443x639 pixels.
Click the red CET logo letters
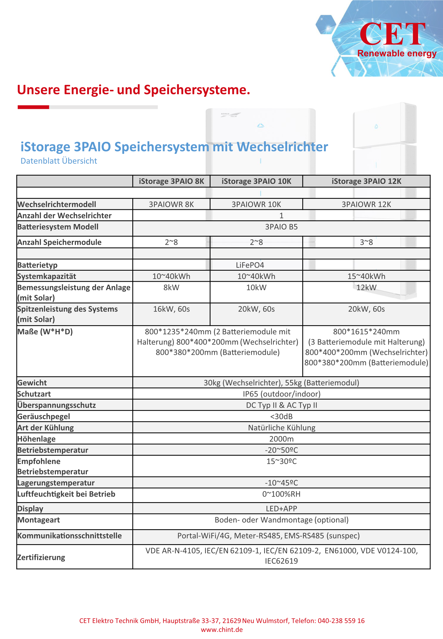click(392, 34)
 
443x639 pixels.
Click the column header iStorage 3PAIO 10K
click(256, 181)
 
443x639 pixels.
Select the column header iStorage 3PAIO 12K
click(366, 181)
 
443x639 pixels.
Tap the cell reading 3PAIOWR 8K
click(171, 204)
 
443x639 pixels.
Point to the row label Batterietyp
click(37, 265)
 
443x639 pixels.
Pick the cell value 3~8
click(366, 242)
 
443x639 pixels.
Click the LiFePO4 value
click(250, 265)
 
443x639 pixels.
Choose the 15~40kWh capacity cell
click(366, 276)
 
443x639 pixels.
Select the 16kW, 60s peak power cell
click(171, 309)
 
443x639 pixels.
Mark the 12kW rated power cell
click(366, 288)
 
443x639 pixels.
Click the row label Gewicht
click(32, 383)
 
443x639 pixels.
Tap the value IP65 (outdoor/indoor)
click(282, 394)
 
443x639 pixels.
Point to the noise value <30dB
click(282, 416)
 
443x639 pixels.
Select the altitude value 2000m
click(282, 439)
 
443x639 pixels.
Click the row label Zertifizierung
click(41, 557)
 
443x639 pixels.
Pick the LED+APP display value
click(282, 508)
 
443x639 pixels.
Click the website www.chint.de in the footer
click(222, 630)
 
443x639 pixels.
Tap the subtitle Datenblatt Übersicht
click(59, 161)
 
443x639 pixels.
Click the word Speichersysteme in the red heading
click(197, 90)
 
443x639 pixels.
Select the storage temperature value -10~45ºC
click(282, 483)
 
